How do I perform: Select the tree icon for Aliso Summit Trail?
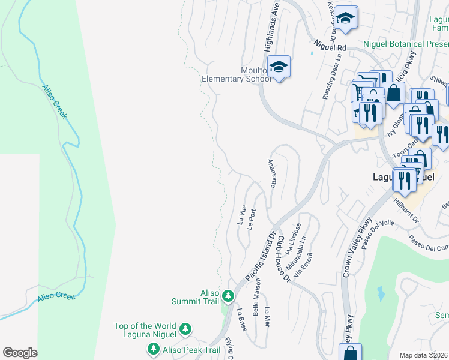[228, 295]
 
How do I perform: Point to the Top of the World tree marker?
[186, 329]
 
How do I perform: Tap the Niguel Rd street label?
[331, 46]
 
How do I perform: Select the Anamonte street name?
[271, 173]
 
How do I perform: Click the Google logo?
[20, 353]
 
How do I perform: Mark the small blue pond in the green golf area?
[381, 293]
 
